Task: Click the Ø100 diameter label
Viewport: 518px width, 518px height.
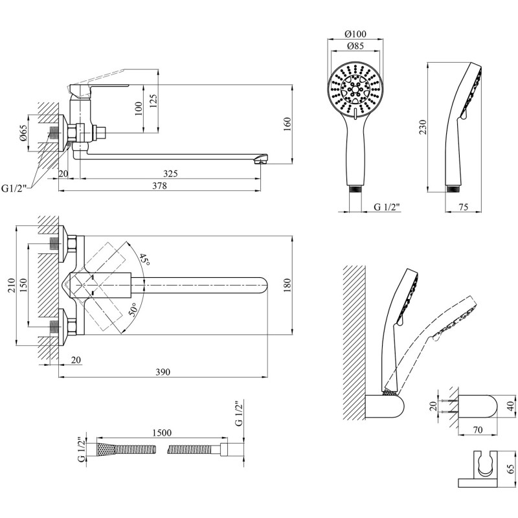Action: point(355,34)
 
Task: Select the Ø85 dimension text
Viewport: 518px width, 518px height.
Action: point(355,46)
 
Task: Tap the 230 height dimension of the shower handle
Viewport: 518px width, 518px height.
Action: point(423,127)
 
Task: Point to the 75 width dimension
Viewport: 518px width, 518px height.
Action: point(464,207)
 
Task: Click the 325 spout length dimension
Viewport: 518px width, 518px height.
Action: point(170,173)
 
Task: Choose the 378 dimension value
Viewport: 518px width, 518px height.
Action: point(159,186)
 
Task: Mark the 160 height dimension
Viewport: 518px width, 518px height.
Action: point(287,124)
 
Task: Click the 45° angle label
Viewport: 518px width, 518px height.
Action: point(144,260)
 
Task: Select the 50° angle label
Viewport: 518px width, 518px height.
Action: point(133,310)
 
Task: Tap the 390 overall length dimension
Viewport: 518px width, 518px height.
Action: point(163,372)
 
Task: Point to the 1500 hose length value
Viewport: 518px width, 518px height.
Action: point(162,433)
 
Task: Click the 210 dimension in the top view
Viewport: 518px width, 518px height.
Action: point(12,286)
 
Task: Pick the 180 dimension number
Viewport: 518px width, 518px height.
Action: point(287,285)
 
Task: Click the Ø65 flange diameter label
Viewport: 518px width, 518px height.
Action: point(23,133)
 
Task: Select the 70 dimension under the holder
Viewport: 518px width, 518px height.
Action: point(478,430)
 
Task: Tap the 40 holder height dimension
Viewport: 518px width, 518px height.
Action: point(510,405)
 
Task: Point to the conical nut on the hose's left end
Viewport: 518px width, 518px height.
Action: point(105,449)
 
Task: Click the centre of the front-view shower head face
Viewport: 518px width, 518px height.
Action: point(355,89)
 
